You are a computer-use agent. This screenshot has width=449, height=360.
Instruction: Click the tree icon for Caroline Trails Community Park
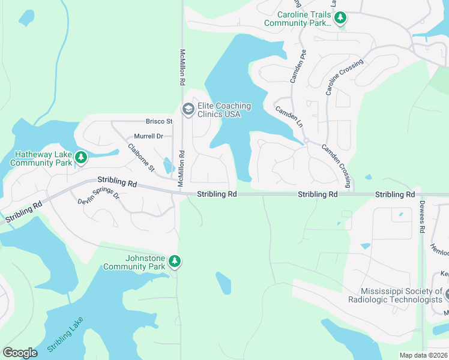(x=341, y=18)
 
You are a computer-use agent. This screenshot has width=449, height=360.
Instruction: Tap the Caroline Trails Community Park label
(x=298, y=19)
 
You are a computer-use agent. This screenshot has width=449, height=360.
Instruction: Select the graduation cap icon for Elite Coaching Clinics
(x=187, y=109)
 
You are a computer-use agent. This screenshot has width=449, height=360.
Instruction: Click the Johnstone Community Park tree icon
(x=174, y=262)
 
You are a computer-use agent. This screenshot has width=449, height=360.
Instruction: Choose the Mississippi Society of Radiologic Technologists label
(x=394, y=295)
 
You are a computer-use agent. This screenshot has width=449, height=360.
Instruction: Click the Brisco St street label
(x=159, y=121)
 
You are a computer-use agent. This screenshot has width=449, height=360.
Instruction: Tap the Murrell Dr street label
(x=148, y=136)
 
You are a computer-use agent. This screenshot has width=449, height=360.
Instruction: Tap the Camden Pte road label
(x=298, y=66)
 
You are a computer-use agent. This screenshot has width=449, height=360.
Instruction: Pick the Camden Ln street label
(x=289, y=117)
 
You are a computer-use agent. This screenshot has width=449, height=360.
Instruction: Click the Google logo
(x=20, y=352)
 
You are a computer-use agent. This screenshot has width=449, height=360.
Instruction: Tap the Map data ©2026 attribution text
(x=423, y=355)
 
